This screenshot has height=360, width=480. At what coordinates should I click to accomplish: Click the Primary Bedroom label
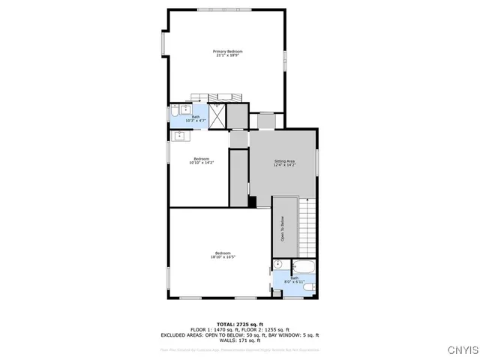pyautogui.click(x=229, y=52)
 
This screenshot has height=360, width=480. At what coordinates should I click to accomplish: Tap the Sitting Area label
pyautogui.click(x=284, y=161)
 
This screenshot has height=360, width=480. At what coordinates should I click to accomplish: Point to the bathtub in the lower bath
pyautogui.click(x=304, y=266)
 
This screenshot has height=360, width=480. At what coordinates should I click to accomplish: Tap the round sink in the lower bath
pyautogui.click(x=277, y=265)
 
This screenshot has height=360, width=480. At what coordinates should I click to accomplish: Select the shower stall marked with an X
pyautogui.click(x=217, y=117)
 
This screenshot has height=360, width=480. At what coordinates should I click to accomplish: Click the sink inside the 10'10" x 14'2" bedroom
pyautogui.click(x=180, y=136)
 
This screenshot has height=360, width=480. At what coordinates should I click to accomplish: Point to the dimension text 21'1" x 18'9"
pyautogui.click(x=229, y=55)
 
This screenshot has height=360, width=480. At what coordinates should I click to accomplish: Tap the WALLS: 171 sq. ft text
pyautogui.click(x=239, y=340)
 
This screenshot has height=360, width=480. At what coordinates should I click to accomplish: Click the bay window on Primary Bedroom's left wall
pyautogui.click(x=163, y=43)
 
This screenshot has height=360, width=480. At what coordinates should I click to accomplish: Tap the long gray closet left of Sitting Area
pyautogui.click(x=238, y=178)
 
